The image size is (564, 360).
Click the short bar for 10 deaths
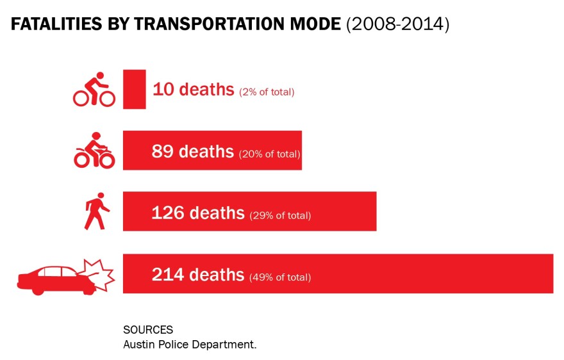(x=135, y=89)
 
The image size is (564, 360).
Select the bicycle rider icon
(x=94, y=89)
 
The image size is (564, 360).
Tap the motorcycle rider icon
(x=94, y=151)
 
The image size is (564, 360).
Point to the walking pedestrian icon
(x=97, y=211)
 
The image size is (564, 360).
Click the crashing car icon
(x=66, y=276)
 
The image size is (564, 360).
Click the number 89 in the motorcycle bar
(x=163, y=151)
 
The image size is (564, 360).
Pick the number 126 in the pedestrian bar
(x=168, y=213)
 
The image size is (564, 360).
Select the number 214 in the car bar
(x=168, y=274)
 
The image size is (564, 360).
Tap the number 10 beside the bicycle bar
(x=163, y=89)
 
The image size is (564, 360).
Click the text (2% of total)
(x=267, y=92)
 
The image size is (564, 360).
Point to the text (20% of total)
(x=269, y=154)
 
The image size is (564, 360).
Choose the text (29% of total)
(x=280, y=215)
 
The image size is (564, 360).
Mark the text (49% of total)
(x=280, y=277)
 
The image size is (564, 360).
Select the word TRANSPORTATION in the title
(x=210, y=24)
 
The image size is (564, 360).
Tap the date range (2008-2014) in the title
(x=398, y=24)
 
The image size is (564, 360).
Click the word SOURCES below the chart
(x=148, y=330)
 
